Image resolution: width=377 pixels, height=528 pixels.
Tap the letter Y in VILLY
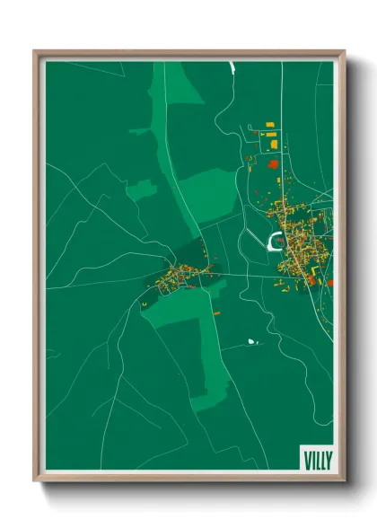pos(328,456)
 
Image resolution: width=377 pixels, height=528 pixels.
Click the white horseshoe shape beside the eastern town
pos(274,240)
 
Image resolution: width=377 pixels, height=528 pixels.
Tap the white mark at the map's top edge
pos(231,66)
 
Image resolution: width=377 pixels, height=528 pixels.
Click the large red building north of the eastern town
pos(273,164)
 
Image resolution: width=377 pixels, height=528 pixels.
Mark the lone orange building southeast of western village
pos(216,312)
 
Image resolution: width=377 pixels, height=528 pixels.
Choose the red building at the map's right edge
pos(330,282)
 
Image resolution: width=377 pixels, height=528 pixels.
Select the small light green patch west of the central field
pos(140,189)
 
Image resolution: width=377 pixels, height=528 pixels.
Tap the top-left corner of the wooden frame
pos(36,52)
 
